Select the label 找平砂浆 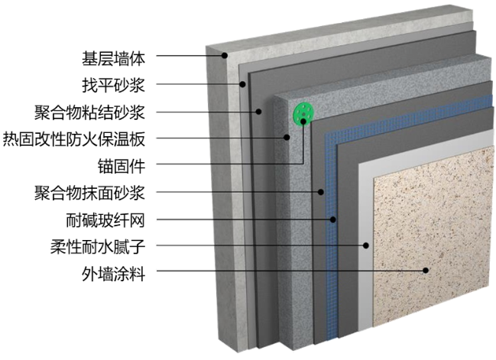click(113, 83)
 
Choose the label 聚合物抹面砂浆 click(95, 192)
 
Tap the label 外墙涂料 click(113, 273)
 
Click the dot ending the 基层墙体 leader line click(226, 56)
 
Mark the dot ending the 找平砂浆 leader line click(243, 83)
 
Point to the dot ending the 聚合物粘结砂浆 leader click(260, 112)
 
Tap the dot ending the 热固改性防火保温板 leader click(287, 138)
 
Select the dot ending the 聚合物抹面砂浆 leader click(322, 192)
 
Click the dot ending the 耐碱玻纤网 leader click(334, 220)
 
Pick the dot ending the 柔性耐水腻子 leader click(367, 246)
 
